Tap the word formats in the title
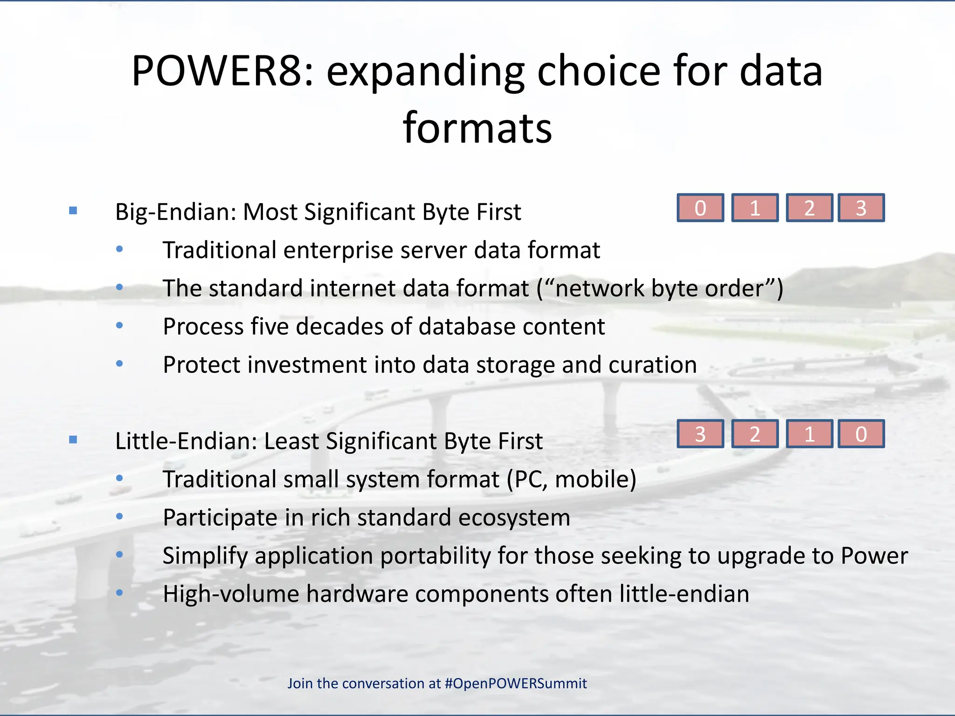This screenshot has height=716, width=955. click(477, 128)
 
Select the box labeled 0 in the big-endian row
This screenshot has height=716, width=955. click(700, 208)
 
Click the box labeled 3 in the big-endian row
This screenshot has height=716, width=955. click(861, 208)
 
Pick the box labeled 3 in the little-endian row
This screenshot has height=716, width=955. click(700, 434)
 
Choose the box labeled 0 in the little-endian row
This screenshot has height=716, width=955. click(861, 434)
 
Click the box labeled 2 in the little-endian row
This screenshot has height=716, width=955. click(754, 434)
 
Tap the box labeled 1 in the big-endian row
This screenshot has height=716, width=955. click(754, 208)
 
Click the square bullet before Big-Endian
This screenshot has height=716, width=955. click(73, 211)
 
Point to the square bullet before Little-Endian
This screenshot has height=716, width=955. click(73, 440)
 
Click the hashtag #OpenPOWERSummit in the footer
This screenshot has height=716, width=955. click(515, 683)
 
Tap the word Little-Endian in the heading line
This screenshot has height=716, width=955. click(185, 441)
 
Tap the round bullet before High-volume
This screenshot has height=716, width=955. click(120, 593)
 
